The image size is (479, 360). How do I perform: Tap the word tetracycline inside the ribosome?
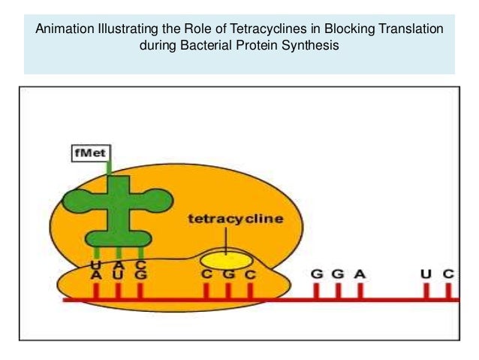(235, 219)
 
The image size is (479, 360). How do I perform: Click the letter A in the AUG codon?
(96, 275)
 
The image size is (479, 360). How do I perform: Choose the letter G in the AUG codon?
(140, 275)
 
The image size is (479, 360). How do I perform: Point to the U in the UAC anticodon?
(96, 265)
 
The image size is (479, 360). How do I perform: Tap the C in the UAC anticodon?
(140, 265)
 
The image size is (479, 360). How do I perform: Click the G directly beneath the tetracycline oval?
(228, 275)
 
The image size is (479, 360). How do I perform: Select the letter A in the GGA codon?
(360, 274)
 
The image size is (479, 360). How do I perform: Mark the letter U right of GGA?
(426, 274)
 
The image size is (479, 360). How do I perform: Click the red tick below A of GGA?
(360, 292)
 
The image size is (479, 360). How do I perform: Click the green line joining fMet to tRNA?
(110, 167)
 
